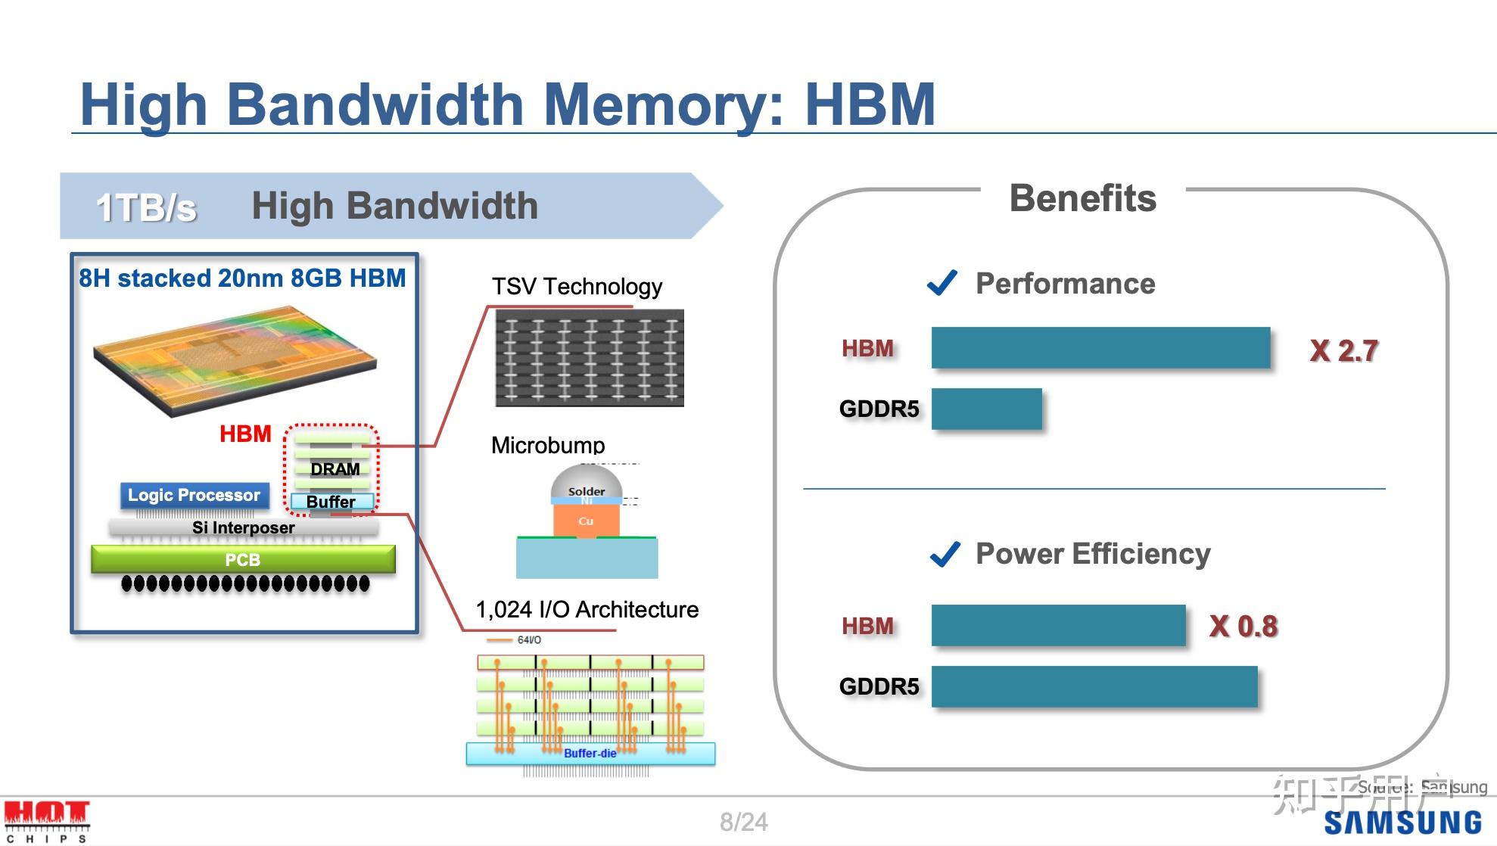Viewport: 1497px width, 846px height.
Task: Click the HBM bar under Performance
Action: click(x=1100, y=348)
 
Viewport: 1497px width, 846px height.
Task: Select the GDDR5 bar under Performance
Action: click(x=986, y=409)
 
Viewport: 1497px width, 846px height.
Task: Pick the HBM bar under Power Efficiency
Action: click(x=1058, y=626)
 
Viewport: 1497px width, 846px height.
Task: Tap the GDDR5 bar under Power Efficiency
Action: click(x=1094, y=686)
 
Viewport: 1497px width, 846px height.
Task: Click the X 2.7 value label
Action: click(x=1343, y=350)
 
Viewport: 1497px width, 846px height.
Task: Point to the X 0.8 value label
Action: click(x=1243, y=627)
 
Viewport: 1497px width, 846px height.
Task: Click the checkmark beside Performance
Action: click(x=942, y=283)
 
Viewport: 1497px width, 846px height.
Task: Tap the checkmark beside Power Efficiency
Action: click(x=945, y=554)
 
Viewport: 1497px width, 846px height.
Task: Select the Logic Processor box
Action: click(x=195, y=496)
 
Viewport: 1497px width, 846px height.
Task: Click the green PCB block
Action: click(x=243, y=560)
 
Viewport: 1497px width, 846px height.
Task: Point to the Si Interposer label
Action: click(x=243, y=527)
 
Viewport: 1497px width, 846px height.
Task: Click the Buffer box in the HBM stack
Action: click(x=331, y=502)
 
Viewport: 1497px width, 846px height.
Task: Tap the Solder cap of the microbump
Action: click(x=587, y=484)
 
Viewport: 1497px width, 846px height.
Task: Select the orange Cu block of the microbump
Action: click(x=587, y=521)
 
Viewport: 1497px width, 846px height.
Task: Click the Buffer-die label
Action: click(x=590, y=754)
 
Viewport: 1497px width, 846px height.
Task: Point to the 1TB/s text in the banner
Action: click(x=146, y=207)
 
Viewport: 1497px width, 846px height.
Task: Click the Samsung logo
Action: click(x=1402, y=823)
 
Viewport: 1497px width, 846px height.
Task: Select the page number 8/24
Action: click(x=743, y=822)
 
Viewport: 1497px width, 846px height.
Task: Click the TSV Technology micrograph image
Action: click(x=590, y=358)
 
